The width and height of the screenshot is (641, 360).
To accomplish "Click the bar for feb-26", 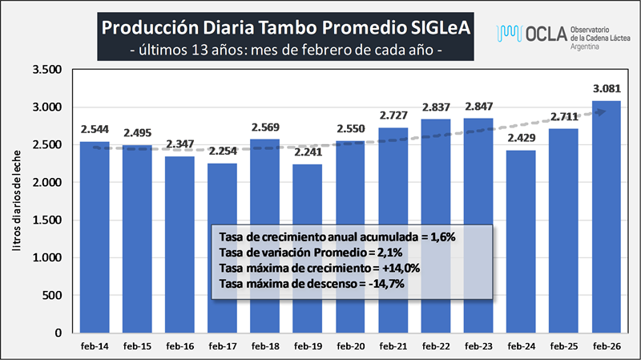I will pyautogui.click(x=607, y=216).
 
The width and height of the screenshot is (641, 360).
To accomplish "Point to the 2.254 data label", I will pyautogui.click(x=224, y=152).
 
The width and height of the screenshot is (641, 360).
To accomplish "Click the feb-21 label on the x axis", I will pyautogui.click(x=393, y=347).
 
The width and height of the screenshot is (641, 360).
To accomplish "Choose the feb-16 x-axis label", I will pyautogui.click(x=180, y=347).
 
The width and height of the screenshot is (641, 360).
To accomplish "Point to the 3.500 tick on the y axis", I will pyautogui.click(x=46, y=70).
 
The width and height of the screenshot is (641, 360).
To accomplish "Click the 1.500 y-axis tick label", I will pyautogui.click(x=46, y=220).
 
